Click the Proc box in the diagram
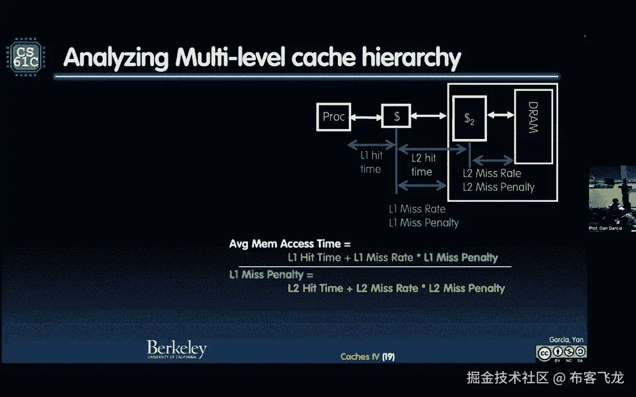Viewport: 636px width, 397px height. pyautogui.click(x=333, y=117)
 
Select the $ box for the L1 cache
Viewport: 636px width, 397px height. pyautogui.click(x=396, y=116)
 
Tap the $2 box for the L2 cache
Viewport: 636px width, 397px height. pyautogui.click(x=469, y=119)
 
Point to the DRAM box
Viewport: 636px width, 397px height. pyautogui.click(x=533, y=126)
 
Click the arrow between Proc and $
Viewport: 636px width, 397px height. pyautogui.click(x=366, y=117)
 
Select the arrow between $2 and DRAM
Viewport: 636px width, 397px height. pyautogui.click(x=501, y=115)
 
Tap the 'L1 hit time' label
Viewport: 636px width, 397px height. pyautogui.click(x=371, y=162)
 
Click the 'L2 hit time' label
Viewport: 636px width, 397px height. pyautogui.click(x=423, y=165)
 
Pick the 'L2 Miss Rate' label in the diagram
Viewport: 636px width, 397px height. pyautogui.click(x=492, y=173)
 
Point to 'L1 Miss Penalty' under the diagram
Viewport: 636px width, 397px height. pyautogui.click(x=424, y=223)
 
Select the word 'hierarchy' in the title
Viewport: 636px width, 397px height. pyautogui.click(x=411, y=58)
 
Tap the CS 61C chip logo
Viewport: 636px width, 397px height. pyautogui.click(x=26, y=57)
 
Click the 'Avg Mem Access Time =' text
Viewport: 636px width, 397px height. pyautogui.click(x=290, y=244)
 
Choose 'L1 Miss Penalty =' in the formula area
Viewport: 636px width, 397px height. pyautogui.click(x=272, y=275)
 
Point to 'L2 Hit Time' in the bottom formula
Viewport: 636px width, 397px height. pyautogui.click(x=316, y=288)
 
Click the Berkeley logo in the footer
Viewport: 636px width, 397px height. pyautogui.click(x=177, y=349)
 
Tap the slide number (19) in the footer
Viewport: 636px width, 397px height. pyautogui.click(x=388, y=357)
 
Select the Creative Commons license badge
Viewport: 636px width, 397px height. pyautogui.click(x=561, y=353)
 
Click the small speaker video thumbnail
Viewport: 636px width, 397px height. pyautogui.click(x=612, y=198)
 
